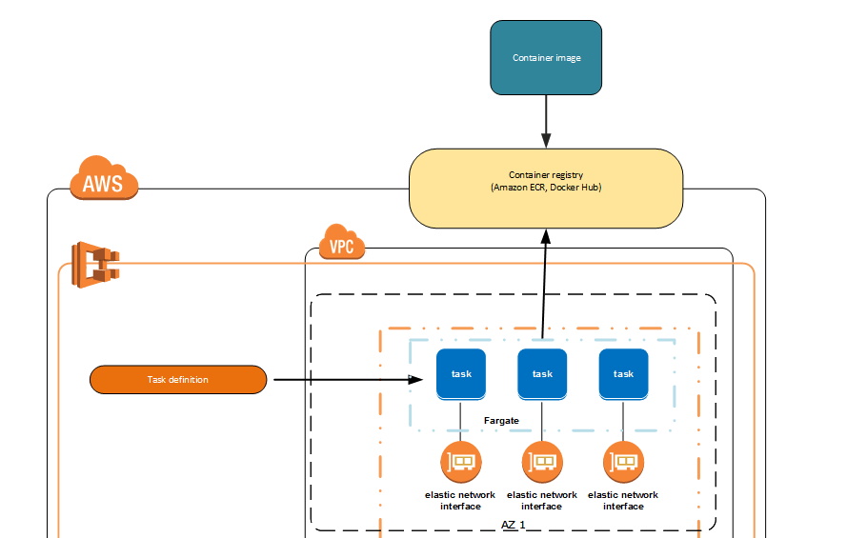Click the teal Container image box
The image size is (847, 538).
(x=546, y=58)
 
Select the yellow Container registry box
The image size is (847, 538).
(x=546, y=188)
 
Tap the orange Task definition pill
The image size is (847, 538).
(x=178, y=380)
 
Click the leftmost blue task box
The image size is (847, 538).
(x=461, y=373)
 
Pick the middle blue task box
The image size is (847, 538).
(x=542, y=373)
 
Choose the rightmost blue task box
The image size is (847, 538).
(x=623, y=373)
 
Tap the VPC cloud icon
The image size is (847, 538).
(x=341, y=244)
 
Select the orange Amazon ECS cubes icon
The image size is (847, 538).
(x=96, y=264)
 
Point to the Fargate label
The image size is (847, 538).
(x=501, y=420)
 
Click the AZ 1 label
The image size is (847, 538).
(x=514, y=525)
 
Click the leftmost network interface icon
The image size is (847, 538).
(x=461, y=463)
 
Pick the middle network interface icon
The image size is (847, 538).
(x=542, y=463)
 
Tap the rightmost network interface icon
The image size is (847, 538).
(x=623, y=463)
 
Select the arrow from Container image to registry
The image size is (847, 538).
(x=546, y=121)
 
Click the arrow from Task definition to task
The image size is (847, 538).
(x=343, y=380)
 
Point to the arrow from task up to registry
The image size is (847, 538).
(x=544, y=286)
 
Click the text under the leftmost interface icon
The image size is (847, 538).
(x=460, y=500)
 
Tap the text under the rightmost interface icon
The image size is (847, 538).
(x=623, y=500)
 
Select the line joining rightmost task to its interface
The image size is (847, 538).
(x=624, y=421)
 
